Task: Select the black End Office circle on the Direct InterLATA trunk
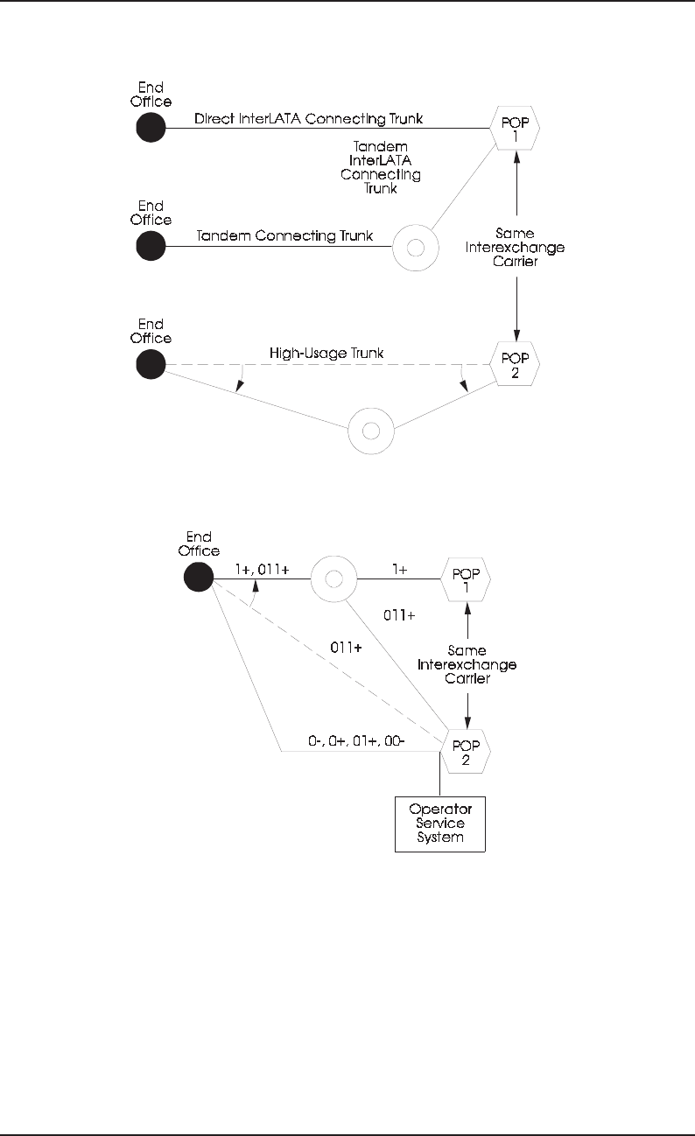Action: (151, 128)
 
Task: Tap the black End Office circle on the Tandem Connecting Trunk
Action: (151, 246)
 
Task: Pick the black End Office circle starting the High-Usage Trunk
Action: (151, 364)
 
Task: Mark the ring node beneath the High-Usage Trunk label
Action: (371, 431)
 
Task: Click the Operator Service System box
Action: (439, 824)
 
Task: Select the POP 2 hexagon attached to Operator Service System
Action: (466, 750)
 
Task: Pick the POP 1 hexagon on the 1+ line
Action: (466, 579)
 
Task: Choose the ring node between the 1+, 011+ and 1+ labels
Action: (333, 579)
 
